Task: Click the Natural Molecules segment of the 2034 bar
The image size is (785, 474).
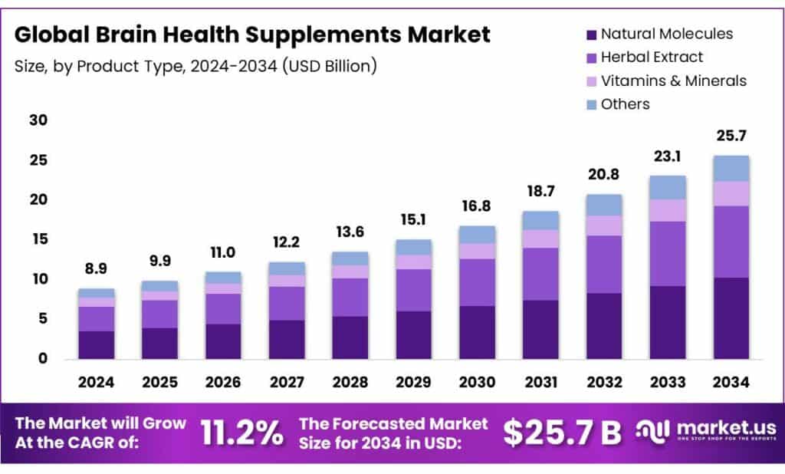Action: [731, 318]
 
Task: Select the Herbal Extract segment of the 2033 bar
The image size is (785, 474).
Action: [668, 253]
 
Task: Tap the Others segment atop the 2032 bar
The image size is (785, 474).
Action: [604, 205]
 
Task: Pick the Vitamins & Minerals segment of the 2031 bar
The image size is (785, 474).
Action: [540, 239]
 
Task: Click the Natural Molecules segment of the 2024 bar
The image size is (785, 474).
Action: [96, 344]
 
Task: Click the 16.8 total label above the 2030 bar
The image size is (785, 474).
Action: [477, 206]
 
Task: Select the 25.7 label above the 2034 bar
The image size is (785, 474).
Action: [731, 136]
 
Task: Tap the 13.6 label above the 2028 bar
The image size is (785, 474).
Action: [350, 232]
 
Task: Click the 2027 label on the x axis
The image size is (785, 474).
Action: [287, 381]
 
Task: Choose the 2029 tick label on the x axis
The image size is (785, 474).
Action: [413, 381]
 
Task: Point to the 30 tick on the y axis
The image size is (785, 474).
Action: [39, 120]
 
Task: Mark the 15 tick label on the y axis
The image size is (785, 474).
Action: [39, 239]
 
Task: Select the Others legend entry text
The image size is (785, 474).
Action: [626, 104]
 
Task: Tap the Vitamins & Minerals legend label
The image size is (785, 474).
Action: [674, 81]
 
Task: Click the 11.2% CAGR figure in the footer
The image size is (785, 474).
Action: [241, 433]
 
